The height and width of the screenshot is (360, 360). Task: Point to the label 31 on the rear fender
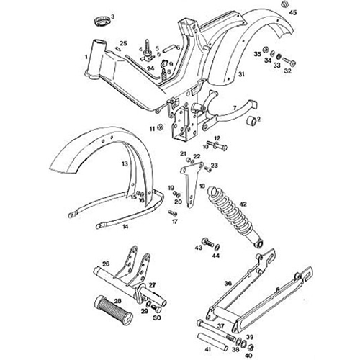point(242,75)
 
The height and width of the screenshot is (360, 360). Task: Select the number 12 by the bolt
point(215,137)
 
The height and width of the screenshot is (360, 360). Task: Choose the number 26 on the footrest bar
point(105,265)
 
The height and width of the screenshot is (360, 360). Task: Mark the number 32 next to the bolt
point(288,71)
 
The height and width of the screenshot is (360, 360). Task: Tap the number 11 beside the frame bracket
point(152,128)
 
